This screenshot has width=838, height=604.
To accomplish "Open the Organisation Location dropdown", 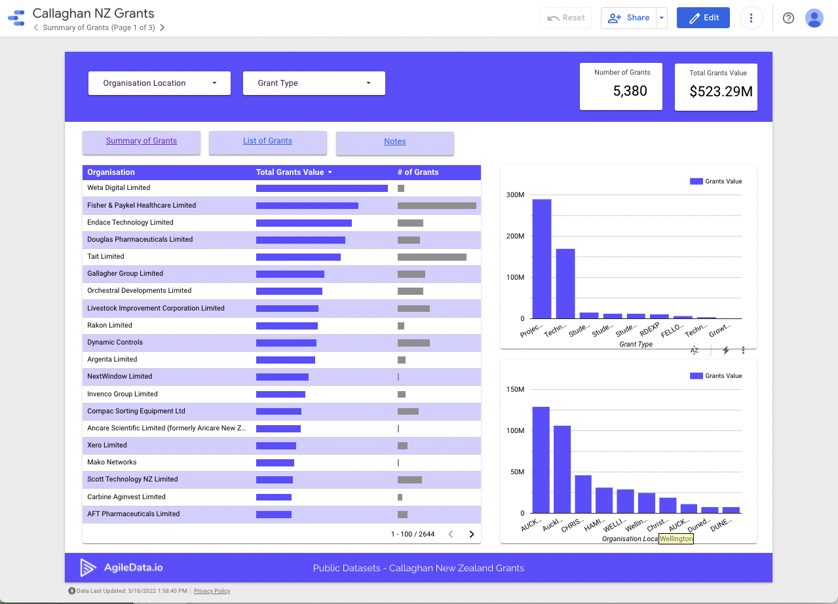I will coord(159,83).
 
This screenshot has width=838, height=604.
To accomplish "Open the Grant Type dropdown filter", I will coord(314,83).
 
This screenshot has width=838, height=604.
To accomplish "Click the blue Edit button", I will coord(703,18).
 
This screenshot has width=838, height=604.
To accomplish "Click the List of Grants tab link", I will coord(267,141).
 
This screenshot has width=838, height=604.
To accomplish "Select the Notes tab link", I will coord(394,142).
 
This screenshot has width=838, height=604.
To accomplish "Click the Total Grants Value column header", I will coord(290,172).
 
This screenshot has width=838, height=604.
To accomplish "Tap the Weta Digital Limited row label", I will coord(119,188).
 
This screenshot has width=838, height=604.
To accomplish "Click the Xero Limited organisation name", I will coord(107,445).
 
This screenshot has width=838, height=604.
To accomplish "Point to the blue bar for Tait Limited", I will coord(298,257).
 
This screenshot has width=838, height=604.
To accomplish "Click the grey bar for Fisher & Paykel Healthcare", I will coord(436,206).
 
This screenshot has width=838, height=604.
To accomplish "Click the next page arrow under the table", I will coord(471,535).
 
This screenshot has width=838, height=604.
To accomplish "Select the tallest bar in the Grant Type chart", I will coord(541,259).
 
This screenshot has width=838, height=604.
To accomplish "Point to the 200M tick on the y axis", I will coord(515,236).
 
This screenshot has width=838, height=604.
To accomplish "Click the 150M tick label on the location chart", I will coord(515,390).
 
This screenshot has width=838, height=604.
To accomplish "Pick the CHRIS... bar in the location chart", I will coord(583,494).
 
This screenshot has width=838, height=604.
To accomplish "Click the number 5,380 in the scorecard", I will coord(630,91).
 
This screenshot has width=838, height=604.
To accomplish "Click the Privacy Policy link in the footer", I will coord(212,591).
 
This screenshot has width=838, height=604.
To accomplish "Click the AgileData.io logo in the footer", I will coord(121,568).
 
